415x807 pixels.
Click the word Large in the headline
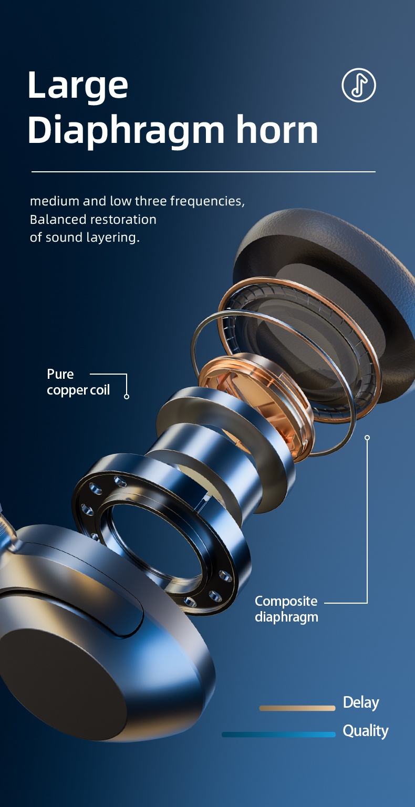point(77,86)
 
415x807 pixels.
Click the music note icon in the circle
point(359,85)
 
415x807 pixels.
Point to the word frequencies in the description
point(207,201)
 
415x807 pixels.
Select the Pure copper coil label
point(78,382)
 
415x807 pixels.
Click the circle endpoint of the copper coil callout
point(127,396)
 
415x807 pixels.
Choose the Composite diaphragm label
point(286,609)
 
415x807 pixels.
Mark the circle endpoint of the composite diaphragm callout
point(367,437)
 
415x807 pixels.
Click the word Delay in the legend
point(361,702)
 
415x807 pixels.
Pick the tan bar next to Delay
point(297,708)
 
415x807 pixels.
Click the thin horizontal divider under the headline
point(203,172)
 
